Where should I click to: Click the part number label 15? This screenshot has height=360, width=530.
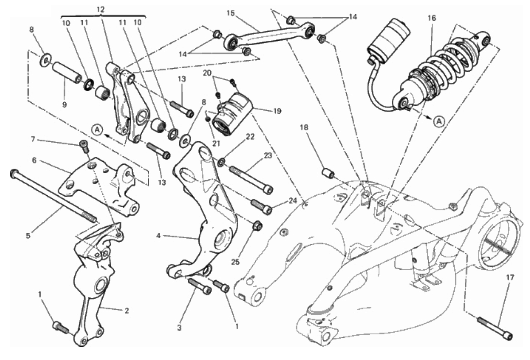[231, 13]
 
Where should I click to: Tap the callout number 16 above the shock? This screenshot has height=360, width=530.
[432, 18]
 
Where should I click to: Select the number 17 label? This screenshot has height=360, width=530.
[510, 278]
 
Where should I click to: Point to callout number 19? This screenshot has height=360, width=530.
[277, 111]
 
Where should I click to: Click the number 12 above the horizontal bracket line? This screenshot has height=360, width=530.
[101, 10]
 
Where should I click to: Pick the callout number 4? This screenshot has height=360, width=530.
[158, 235]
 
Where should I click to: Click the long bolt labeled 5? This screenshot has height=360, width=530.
[54, 196]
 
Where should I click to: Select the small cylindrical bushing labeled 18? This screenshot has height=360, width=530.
[328, 173]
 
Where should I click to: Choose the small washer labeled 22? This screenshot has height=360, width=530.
[222, 163]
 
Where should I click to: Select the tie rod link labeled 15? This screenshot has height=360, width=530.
[269, 35]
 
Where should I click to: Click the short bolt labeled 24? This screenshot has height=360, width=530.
[262, 206]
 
